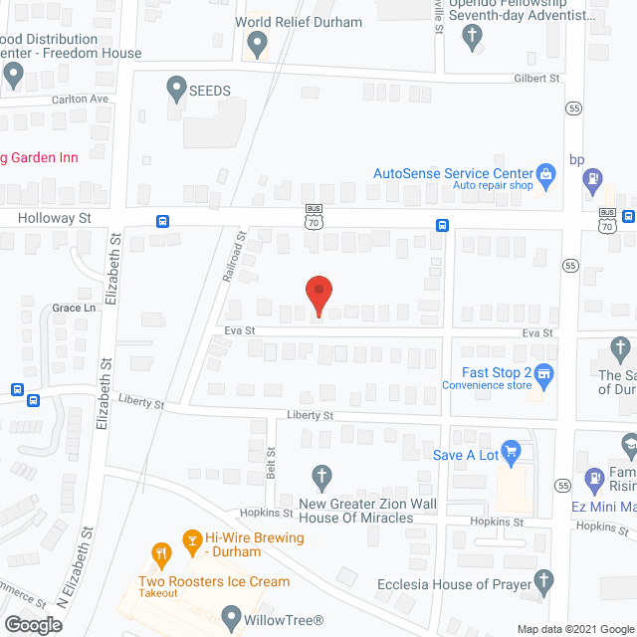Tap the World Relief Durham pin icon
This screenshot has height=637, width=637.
click(258, 44)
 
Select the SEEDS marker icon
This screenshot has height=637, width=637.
click(177, 89)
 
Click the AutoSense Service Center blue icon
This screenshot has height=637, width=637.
click(544, 173)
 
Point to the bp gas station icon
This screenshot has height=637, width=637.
click(593, 180)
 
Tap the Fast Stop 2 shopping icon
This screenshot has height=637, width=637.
click(543, 374)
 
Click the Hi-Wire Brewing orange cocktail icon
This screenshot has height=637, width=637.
click(191, 541)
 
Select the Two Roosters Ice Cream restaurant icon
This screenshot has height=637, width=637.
click(160, 553)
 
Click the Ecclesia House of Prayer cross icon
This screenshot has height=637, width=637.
click(543, 580)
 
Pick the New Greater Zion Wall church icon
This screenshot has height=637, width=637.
click(321, 478)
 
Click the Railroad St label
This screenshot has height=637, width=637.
click(235, 257)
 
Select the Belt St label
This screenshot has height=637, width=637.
click(271, 462)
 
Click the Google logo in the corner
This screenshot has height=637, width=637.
click(34, 625)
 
